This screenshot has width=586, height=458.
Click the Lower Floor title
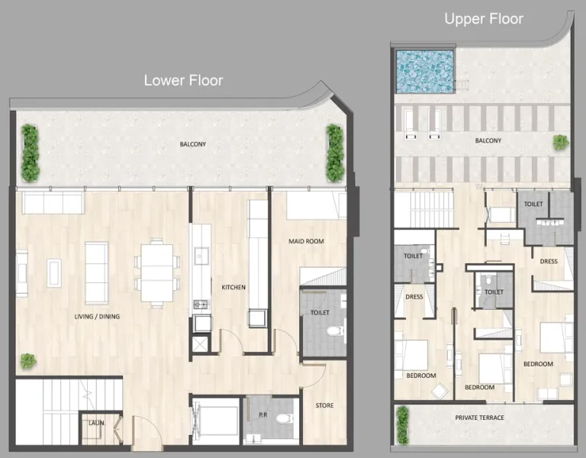click(183, 80)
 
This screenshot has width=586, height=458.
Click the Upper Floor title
click(484, 18)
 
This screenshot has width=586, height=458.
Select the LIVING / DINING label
click(97, 316)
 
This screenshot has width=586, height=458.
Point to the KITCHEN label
click(233, 288)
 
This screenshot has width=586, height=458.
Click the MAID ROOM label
click(306, 241)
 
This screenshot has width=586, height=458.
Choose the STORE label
click(324, 405)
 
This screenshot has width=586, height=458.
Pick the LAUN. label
click(96, 421)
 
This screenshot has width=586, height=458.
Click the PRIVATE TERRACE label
click(479, 418)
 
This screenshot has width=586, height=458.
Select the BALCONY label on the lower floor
click(192, 144)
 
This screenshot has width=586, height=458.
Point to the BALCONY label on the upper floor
click(488, 140)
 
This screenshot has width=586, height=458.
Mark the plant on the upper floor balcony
click(560, 142)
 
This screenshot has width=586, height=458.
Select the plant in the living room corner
click(28, 360)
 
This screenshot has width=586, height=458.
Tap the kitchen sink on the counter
click(201, 254)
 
